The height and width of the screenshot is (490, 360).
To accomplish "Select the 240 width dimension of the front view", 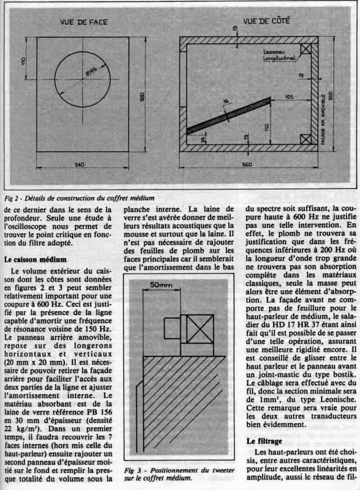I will click(81, 164).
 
